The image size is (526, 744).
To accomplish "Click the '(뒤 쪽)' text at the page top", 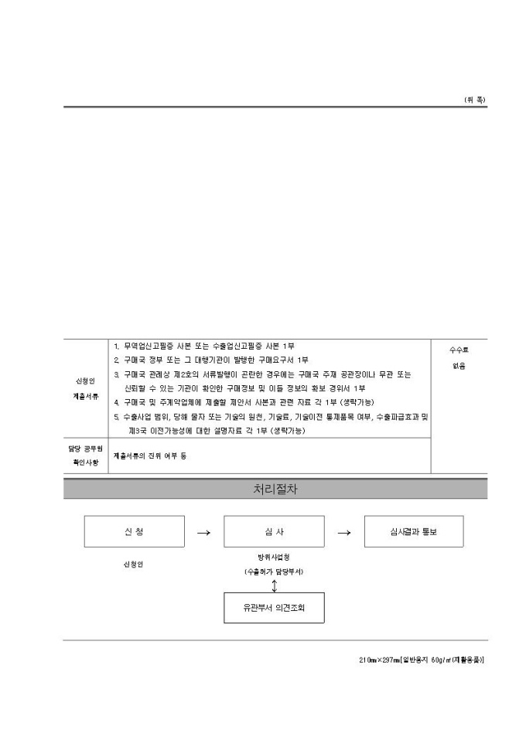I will click(475, 100).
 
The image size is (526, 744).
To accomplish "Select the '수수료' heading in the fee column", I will click(459, 350).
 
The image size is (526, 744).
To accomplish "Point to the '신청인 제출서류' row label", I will click(87, 388).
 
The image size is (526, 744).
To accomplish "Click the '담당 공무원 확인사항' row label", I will click(87, 455).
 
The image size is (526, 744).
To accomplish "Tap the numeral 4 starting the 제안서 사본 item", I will click(116, 402).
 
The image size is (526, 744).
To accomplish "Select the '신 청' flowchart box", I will click(134, 531).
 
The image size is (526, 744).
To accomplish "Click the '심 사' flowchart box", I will click(274, 531).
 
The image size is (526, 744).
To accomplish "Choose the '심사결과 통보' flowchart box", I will click(414, 531).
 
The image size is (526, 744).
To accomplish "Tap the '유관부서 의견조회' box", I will click(274, 607).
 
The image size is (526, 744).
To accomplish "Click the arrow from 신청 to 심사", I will click(203, 532).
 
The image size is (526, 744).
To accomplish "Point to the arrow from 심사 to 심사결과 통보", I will click(344, 532).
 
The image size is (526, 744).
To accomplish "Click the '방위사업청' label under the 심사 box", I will click(274, 557).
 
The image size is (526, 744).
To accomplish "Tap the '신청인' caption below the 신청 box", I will click(133, 564).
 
